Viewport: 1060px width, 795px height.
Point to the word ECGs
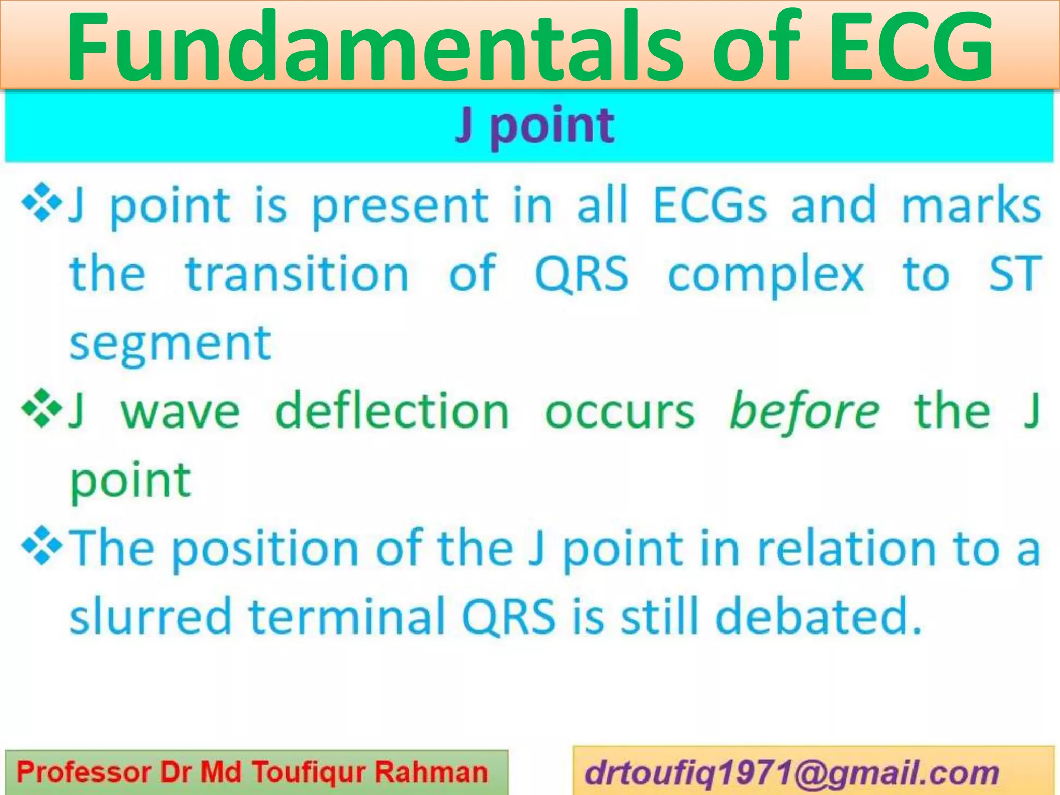710,205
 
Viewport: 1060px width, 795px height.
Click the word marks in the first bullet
971,205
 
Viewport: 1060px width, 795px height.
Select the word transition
298,274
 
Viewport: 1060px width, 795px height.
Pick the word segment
170,344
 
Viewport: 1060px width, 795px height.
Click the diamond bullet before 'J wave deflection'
41,410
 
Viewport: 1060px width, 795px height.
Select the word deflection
392,411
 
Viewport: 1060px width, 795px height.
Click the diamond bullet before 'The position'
41,548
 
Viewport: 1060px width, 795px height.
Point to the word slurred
150,616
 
